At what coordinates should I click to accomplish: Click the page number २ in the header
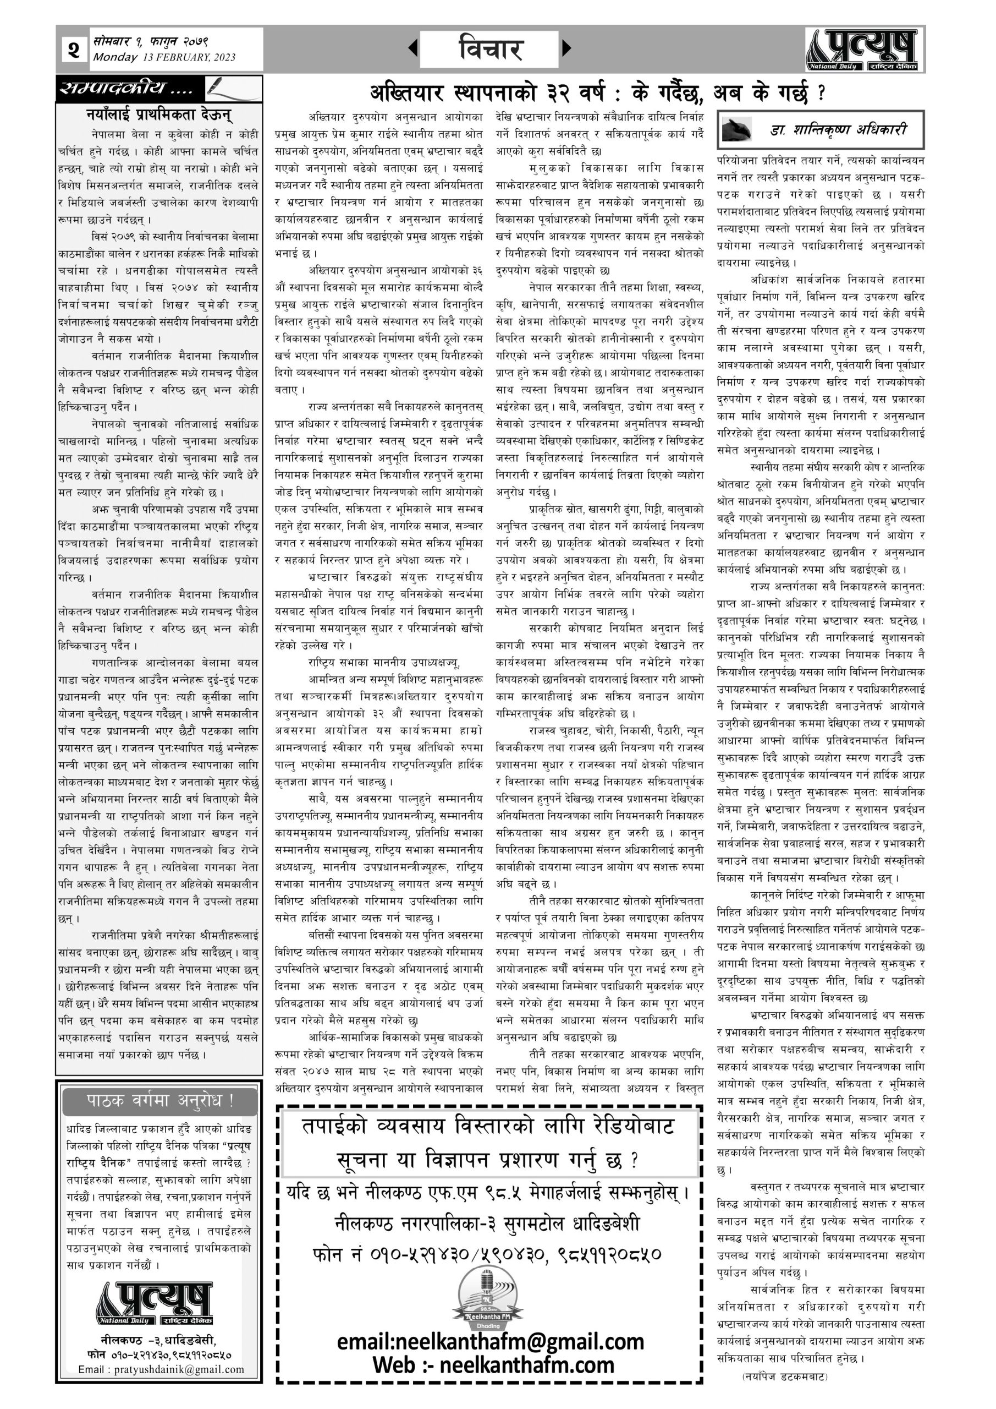(x=74, y=49)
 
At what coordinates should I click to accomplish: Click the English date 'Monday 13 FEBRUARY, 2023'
(x=164, y=58)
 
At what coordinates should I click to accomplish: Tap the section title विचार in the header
(x=489, y=48)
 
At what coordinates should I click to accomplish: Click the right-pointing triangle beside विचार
(x=566, y=48)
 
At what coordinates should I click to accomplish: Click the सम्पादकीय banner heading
(x=126, y=89)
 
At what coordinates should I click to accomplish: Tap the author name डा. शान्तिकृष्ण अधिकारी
(x=838, y=129)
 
